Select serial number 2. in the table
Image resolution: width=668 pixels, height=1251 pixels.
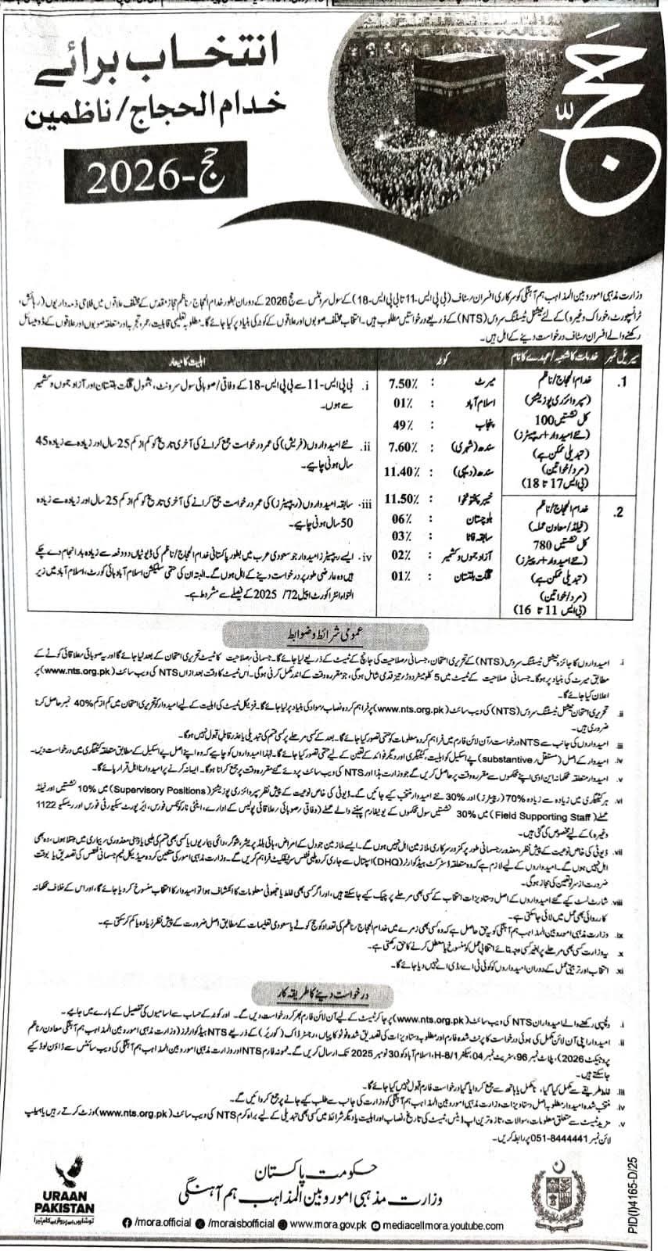[619, 514]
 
